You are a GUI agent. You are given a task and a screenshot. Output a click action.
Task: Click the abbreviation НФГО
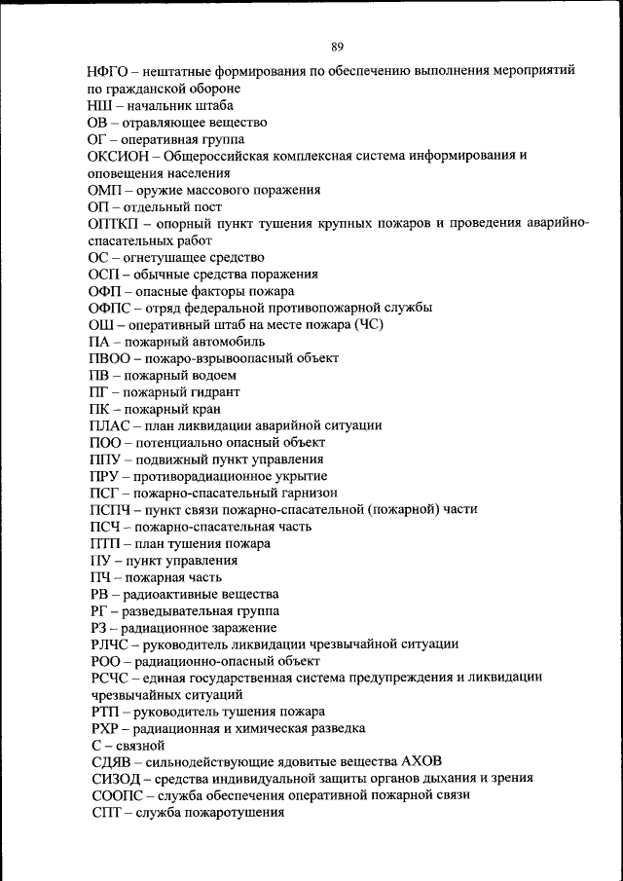107,71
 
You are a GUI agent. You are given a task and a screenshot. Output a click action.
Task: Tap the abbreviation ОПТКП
115,224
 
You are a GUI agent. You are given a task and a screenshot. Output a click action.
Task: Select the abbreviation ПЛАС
109,425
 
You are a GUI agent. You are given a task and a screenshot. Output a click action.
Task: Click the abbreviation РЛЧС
110,643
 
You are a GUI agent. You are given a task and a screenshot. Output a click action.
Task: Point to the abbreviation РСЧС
109,678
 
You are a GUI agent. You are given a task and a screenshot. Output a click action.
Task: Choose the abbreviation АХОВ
427,761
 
